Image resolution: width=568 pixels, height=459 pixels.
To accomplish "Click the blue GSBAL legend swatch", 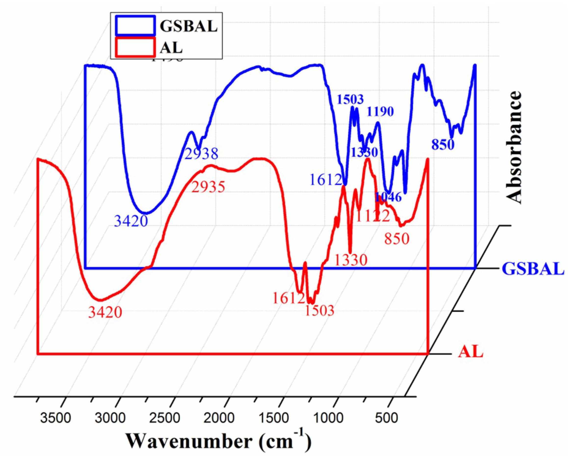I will point(135,26).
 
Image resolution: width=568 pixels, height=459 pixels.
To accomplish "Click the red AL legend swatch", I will point(135,47).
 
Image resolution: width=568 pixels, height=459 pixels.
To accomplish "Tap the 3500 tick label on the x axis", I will point(55,418).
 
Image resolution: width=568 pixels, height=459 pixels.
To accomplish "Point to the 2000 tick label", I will point(219,418).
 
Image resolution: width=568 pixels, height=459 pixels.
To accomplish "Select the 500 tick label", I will point(386,418).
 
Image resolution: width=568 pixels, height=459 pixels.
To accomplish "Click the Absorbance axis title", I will point(514,147).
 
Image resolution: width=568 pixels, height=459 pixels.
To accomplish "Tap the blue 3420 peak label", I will point(131,221).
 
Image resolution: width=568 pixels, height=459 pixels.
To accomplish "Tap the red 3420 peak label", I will point(105,312).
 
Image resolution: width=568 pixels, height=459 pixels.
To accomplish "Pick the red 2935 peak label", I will point(208,187).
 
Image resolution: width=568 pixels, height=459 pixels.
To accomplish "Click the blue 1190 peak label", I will point(380,111).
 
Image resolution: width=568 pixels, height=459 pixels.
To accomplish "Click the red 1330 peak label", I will point(351,260).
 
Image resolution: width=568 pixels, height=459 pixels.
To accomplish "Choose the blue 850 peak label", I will point(443,145).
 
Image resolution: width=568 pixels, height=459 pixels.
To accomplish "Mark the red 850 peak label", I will point(396,239).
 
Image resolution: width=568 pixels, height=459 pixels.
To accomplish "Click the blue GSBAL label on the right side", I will point(533,269).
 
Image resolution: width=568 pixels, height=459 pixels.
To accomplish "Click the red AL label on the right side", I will point(471,352).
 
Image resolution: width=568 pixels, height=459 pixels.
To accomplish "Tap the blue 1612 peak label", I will point(326,180).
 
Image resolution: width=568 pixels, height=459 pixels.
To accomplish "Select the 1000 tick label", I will point(329,418).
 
